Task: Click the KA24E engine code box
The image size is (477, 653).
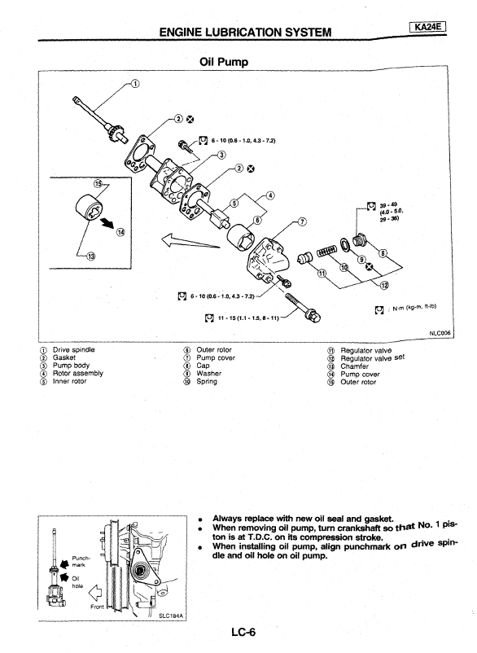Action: pos(428,27)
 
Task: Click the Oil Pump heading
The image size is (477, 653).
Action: pos(224,62)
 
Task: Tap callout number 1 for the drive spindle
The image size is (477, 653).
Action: pos(135,84)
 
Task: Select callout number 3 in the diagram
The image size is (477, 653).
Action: pos(222,156)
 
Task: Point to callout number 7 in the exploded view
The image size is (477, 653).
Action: pos(302,221)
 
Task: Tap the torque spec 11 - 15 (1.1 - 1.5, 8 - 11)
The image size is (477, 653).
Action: pos(248,318)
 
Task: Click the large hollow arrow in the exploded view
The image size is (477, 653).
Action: pos(190,241)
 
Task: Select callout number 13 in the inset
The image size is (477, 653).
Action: pos(90,256)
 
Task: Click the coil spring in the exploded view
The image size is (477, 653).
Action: pos(327,252)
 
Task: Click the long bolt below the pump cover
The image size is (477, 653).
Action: pos(303,308)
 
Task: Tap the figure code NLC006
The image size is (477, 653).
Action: pos(440,333)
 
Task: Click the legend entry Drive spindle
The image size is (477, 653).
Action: pos(74,350)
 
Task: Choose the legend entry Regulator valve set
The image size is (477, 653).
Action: pos(373,358)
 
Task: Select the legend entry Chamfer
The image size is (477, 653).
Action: pos(354,366)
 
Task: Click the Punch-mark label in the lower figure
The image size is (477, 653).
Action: pos(80,561)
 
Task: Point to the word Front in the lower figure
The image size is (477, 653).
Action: pos(98,607)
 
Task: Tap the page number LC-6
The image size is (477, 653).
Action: pos(244,632)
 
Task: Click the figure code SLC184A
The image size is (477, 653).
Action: pos(172,616)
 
